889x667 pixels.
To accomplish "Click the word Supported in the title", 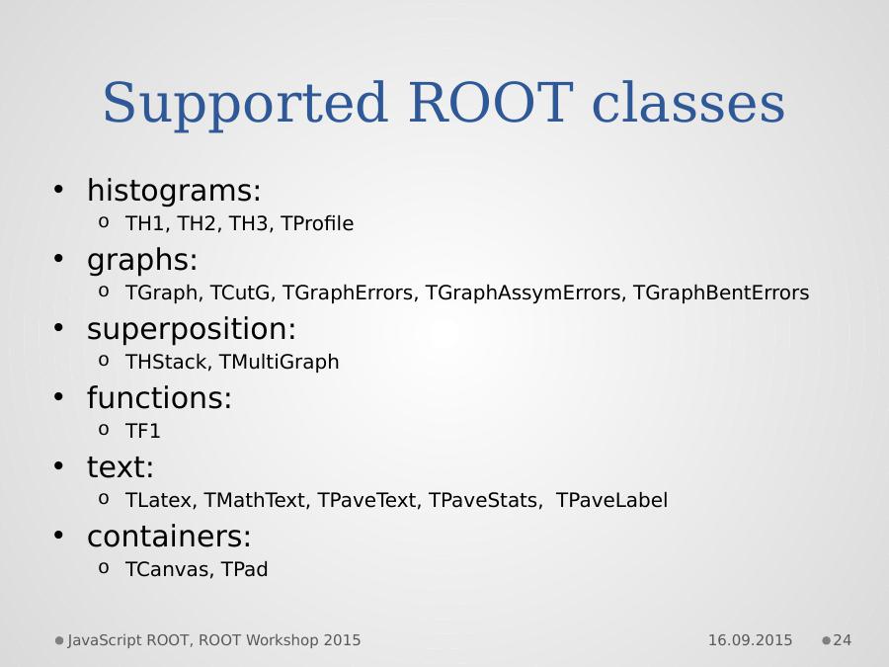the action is [246, 104].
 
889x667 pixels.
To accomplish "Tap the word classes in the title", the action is [688, 103].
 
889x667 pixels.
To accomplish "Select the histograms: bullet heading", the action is [174, 190].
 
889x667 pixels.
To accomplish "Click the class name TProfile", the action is [317, 223].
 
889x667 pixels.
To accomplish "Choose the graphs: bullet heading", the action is [142, 260].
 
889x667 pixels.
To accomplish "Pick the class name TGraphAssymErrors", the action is [525, 293].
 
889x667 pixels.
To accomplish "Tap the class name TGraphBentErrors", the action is [721, 292].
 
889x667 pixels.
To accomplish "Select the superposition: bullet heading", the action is [192, 329].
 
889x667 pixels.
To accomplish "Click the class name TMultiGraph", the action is [279, 362].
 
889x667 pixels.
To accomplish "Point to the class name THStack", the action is [168, 362].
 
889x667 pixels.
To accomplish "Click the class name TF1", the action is [143, 431].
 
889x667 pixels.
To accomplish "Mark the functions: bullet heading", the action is [159, 397].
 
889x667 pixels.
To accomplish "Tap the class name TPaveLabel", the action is [611, 500].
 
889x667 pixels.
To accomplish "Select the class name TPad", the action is [244, 569].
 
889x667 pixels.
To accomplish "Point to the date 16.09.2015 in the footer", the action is [750, 640].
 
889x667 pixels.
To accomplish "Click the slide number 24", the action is [843, 640].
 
